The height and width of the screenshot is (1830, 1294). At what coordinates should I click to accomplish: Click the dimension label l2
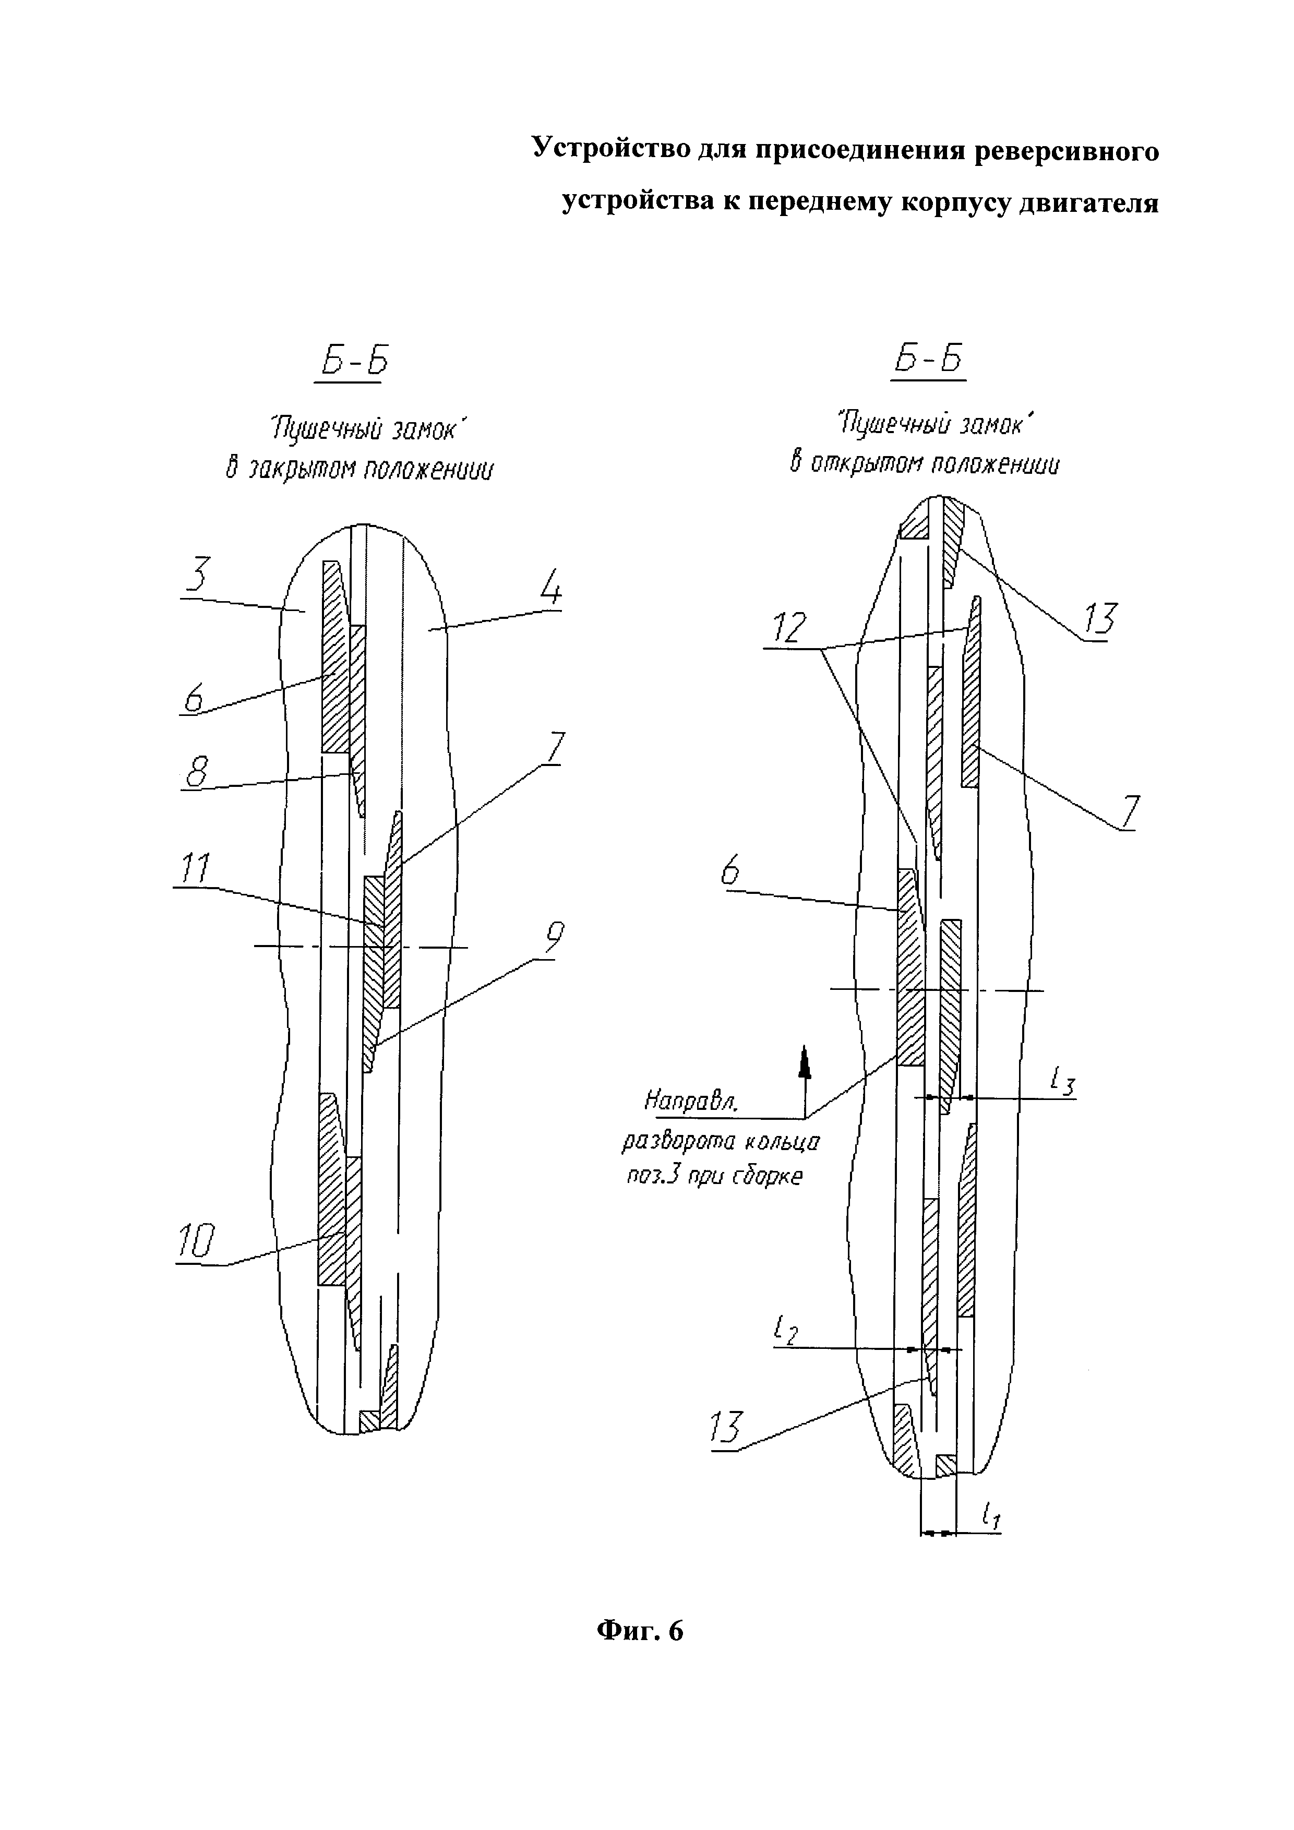click(784, 1330)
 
